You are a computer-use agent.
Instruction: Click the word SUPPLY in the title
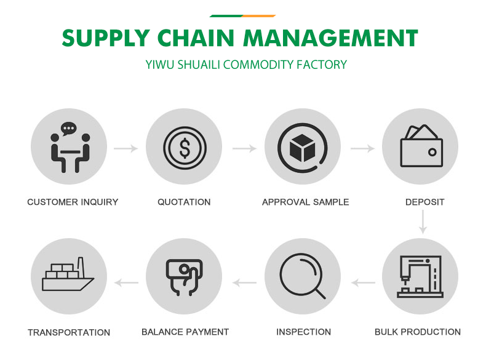tap(105, 39)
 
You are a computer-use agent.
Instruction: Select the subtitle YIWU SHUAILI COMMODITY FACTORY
tap(246, 65)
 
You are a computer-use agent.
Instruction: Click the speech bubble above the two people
tap(68, 129)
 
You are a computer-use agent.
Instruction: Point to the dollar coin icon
tap(185, 147)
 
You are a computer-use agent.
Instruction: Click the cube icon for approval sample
tap(302, 147)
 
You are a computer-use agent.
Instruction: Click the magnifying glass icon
tap(301, 276)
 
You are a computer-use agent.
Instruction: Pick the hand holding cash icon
tap(184, 276)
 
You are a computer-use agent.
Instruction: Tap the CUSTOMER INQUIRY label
tap(73, 202)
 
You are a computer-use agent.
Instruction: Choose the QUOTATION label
tap(184, 202)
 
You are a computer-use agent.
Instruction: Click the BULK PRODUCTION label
tap(418, 332)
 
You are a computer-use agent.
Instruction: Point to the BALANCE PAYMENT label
tap(185, 332)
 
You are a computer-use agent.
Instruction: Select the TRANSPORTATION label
tap(69, 332)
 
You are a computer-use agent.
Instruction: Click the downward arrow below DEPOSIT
tap(423, 222)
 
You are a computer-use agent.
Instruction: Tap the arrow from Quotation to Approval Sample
tap(244, 148)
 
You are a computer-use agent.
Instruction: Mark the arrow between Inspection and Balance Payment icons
tap(244, 283)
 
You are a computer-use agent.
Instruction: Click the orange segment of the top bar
tap(258, 15)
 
